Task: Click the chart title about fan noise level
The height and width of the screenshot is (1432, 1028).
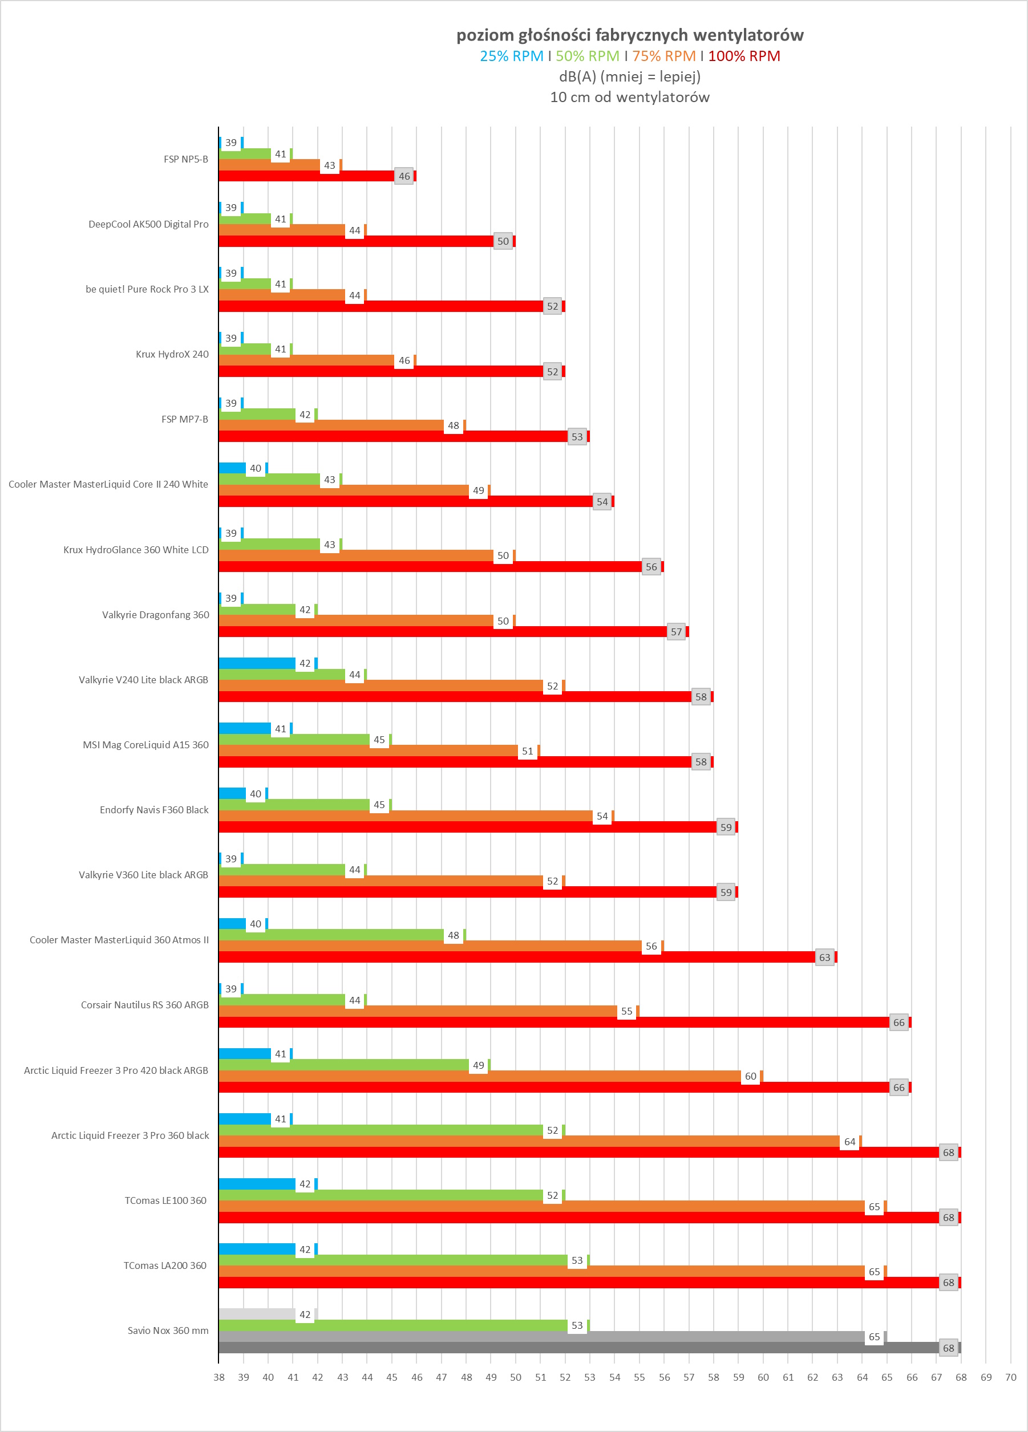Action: [x=630, y=35]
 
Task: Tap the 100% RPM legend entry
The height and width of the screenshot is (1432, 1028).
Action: [x=744, y=56]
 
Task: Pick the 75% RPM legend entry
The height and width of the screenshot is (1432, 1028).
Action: [x=663, y=56]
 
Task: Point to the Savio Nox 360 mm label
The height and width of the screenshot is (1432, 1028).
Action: [x=168, y=1330]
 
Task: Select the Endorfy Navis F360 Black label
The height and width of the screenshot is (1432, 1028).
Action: [x=154, y=809]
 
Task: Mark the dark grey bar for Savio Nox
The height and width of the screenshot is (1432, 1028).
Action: [x=568, y=1348]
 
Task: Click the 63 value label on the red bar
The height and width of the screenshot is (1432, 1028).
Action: [x=825, y=957]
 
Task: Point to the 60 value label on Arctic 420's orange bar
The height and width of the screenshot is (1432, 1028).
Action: [x=750, y=1077]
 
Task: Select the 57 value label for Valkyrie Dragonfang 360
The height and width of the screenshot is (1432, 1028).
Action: [x=676, y=632]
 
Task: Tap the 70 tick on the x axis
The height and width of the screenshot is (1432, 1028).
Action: [x=1010, y=1377]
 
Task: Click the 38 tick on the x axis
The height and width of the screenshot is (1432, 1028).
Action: [x=219, y=1377]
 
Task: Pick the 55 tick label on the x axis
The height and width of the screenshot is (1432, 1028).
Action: [x=639, y=1377]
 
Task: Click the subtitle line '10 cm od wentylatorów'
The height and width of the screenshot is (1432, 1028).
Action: [x=630, y=97]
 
